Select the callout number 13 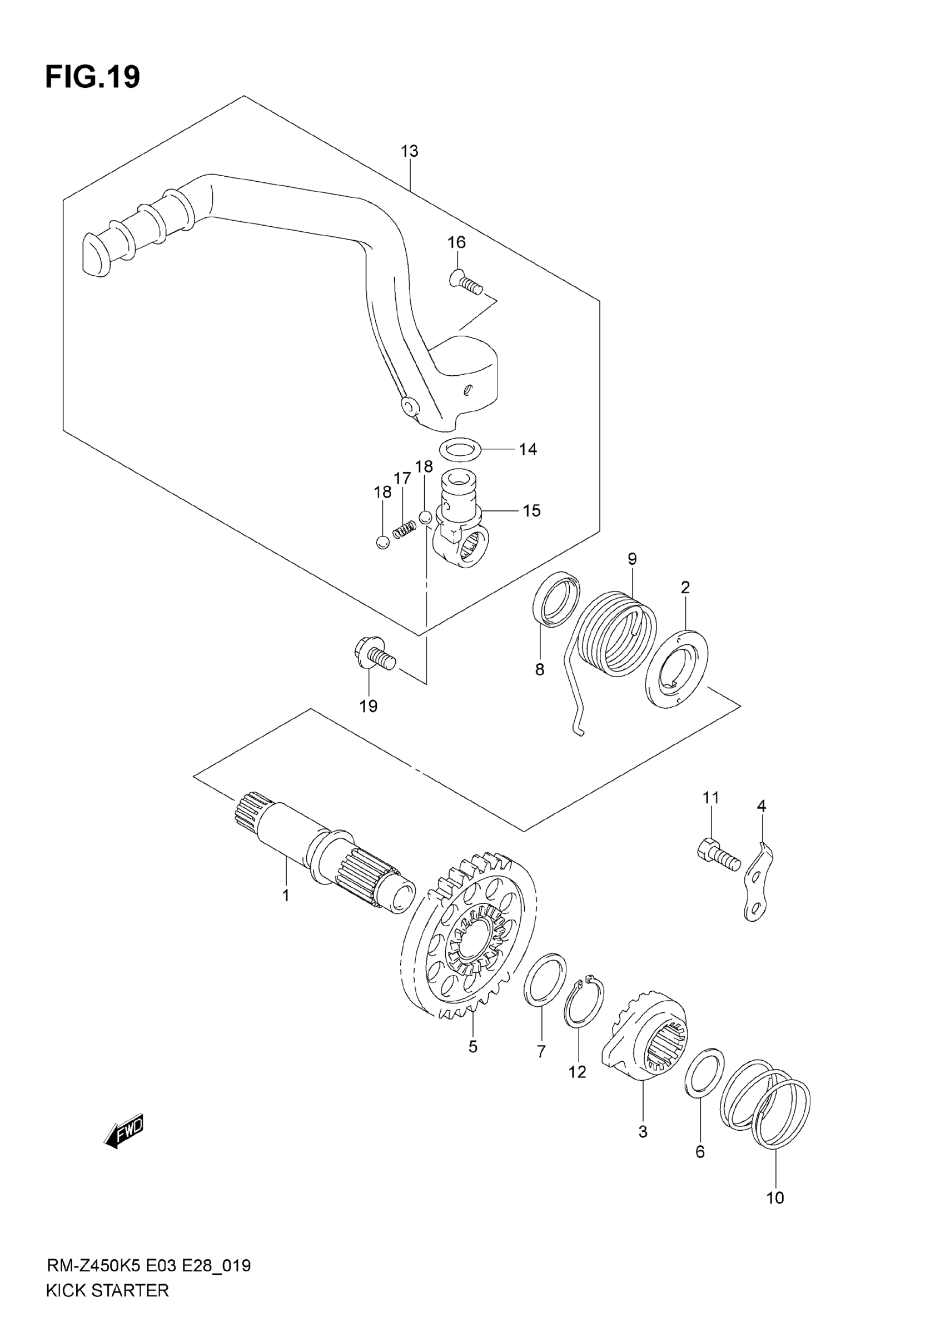click(x=409, y=151)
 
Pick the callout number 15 click(x=531, y=511)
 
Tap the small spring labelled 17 click(x=404, y=530)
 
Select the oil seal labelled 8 click(x=556, y=599)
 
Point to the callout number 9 click(x=633, y=559)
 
